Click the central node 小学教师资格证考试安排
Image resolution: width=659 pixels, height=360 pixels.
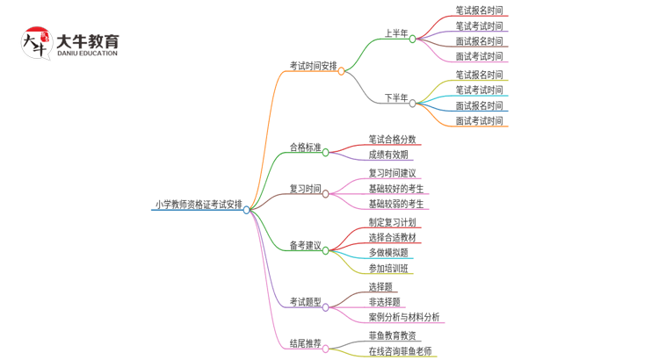[199, 205]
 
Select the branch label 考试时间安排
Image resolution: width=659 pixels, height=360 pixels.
[313, 66]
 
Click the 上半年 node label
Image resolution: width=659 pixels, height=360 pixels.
[395, 34]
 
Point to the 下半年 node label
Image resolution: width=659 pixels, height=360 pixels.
[395, 98]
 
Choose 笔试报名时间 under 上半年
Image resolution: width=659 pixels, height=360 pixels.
[479, 11]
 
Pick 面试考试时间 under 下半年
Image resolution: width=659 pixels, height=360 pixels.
[479, 121]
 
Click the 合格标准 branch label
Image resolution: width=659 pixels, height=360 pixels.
[305, 148]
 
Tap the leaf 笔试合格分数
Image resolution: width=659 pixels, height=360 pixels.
[392, 139]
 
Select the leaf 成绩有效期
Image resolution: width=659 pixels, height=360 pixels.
[387, 155]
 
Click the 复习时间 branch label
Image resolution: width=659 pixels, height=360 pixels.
[305, 189]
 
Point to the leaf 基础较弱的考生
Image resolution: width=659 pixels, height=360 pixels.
[395, 204]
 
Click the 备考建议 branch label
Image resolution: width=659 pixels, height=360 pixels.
[305, 246]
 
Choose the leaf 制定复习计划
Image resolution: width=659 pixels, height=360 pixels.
[392, 222]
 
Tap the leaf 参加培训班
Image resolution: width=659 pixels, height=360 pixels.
[387, 269]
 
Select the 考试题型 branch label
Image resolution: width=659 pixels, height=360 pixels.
[305, 303]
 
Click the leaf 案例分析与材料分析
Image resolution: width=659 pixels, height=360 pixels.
[403, 317]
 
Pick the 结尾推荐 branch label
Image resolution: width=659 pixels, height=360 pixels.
[305, 343]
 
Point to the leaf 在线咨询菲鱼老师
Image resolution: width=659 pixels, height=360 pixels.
[400, 351]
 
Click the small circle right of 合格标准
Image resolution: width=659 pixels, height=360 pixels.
[326, 152]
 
